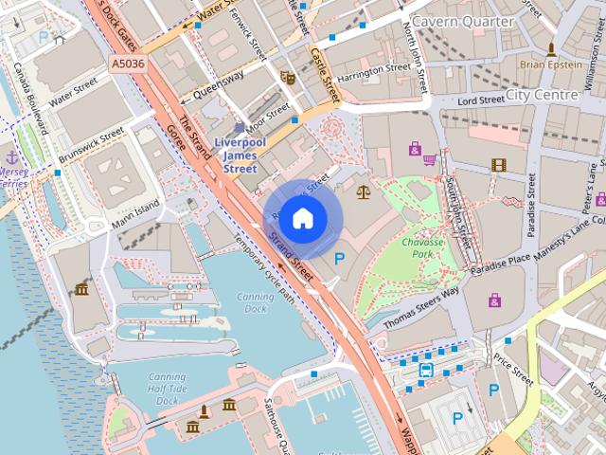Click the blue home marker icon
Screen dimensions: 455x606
301,219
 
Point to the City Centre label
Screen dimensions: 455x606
542,95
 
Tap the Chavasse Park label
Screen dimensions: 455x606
422,248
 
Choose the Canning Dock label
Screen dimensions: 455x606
255,302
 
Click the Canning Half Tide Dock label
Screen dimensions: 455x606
167,389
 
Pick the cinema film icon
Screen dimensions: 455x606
499,165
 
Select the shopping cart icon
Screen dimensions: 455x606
430,159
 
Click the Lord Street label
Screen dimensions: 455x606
480,100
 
